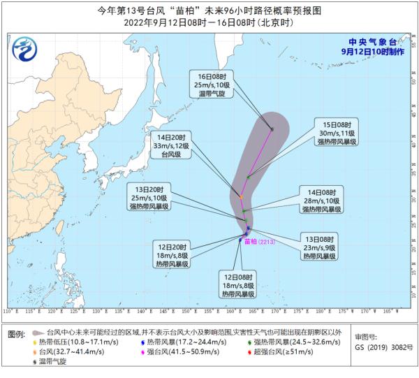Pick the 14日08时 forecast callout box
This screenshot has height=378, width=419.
(321, 200)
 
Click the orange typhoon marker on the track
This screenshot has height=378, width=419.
(240, 196)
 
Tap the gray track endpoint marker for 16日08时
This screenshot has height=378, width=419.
(272, 129)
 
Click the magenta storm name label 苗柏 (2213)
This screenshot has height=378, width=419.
(256, 241)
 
